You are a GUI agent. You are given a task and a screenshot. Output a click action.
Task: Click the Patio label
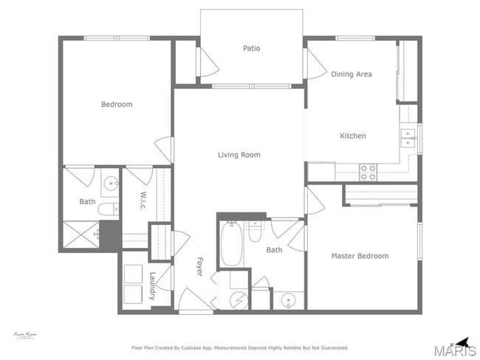point(251,49)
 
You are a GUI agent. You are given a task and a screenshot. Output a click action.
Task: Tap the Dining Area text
point(351,74)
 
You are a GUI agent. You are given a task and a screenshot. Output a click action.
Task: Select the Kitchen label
point(352,136)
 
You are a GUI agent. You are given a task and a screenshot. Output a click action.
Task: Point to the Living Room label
point(239,155)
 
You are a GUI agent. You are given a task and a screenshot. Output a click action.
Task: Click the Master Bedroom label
point(359,256)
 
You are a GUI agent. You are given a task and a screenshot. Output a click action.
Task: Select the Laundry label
point(152,285)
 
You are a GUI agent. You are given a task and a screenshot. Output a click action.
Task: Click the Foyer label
point(199,266)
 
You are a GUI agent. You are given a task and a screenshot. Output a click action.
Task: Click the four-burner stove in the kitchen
point(367,173)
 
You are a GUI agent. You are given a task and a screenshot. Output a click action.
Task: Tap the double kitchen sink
point(408,138)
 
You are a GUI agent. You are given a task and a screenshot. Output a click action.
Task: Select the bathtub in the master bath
point(230,245)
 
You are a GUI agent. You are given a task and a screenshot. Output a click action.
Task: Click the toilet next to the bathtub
point(255,232)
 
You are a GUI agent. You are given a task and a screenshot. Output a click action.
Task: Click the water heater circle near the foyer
point(237,300)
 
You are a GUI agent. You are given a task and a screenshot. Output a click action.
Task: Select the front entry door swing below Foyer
point(193,301)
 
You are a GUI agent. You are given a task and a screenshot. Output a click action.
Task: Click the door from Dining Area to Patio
point(314,63)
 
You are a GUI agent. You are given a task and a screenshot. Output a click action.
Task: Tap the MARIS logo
point(454,350)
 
